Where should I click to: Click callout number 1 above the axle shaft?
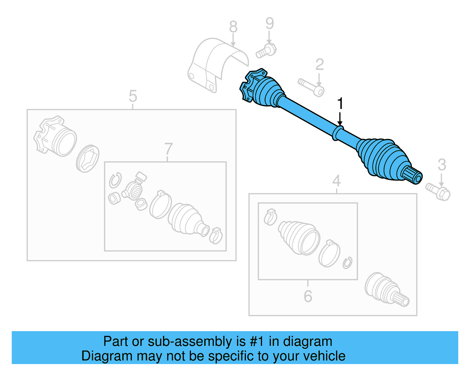coord(340,104)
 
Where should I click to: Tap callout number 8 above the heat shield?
coord(233,27)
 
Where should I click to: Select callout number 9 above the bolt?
coord(269,24)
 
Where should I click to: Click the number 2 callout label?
coord(319,65)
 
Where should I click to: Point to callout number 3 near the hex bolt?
coord(442,165)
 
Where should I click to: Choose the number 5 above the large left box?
coord(133,96)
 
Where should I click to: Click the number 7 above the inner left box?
coord(168,149)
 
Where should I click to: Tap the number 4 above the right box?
coord(336,181)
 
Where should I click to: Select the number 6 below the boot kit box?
coord(308,296)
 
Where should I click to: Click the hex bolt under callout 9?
coord(266,51)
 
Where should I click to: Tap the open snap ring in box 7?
coord(115,180)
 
